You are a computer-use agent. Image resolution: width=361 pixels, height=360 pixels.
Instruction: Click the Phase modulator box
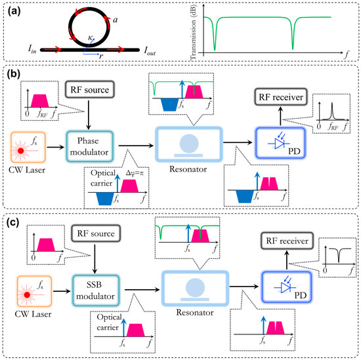point(90,146)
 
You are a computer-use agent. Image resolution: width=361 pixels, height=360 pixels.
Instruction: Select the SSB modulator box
point(96,290)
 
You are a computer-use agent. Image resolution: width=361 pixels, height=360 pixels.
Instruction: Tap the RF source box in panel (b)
point(90,89)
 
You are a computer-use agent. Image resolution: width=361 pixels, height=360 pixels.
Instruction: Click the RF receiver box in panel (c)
point(287,241)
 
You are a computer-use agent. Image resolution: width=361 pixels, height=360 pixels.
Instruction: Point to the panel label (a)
point(14,11)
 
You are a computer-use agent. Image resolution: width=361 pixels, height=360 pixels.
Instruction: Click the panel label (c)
point(13,222)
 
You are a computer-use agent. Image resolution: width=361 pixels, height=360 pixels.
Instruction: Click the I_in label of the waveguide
point(32,49)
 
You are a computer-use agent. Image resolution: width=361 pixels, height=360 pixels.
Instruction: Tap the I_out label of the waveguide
point(150,51)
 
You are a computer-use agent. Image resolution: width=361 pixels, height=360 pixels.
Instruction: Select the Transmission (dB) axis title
point(194,33)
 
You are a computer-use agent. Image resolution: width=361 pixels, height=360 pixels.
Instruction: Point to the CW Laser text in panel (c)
point(33,314)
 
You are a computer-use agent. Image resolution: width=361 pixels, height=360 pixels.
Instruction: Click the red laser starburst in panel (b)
point(21,151)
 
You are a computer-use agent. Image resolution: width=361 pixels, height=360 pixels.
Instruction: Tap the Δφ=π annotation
point(135,173)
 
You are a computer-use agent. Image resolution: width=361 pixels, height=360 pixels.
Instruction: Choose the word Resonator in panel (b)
point(188,169)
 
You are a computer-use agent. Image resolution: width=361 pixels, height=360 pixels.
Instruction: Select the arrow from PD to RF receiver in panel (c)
point(287,260)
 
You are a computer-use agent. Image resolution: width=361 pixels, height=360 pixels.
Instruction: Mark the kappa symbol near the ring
point(91,38)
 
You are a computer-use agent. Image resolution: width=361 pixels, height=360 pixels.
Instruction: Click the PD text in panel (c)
point(301,295)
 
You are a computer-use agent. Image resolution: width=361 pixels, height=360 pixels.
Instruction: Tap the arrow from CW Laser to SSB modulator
point(62,291)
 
